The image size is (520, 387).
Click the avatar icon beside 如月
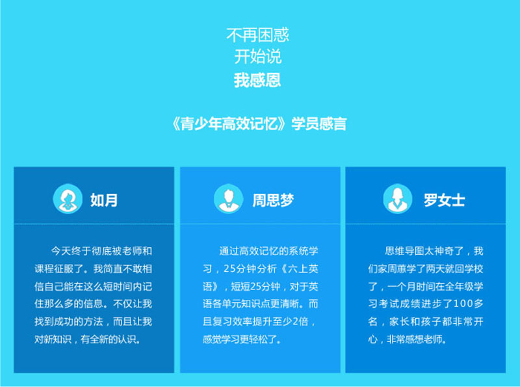point(67,199)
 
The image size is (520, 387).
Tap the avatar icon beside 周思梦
point(228,199)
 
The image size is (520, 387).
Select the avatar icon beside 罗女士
point(397,199)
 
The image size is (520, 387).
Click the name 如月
point(104,200)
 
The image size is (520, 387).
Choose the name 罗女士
point(445,200)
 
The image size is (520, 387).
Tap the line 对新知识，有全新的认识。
point(88,339)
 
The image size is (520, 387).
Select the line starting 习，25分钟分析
point(260,268)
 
